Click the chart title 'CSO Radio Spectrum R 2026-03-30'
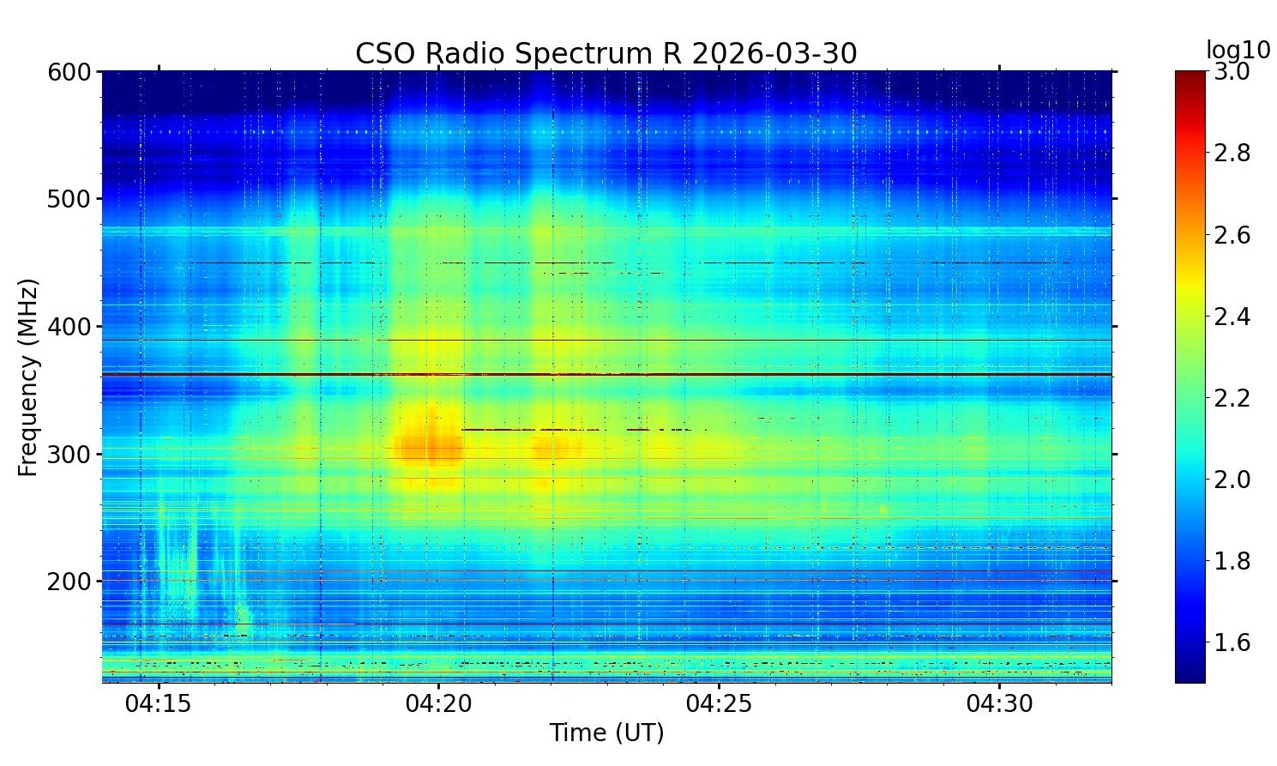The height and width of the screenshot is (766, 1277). (x=605, y=54)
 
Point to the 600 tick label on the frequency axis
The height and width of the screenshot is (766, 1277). (x=69, y=72)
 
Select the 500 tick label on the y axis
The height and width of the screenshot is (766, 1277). (x=69, y=199)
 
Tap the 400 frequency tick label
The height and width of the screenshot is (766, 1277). (x=69, y=327)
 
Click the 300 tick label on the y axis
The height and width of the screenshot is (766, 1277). (x=69, y=455)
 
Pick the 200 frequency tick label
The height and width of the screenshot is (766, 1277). (x=69, y=582)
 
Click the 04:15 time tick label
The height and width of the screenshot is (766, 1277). (x=159, y=704)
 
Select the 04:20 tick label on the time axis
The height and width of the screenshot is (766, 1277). (x=439, y=704)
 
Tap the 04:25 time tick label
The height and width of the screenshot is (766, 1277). (x=720, y=704)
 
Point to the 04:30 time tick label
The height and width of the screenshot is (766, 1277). (x=1000, y=704)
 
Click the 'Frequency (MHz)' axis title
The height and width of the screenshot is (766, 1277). (x=28, y=377)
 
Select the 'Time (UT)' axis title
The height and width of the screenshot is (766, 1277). (x=606, y=733)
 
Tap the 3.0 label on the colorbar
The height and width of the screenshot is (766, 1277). (x=1232, y=72)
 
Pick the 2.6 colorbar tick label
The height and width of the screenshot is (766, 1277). (x=1232, y=235)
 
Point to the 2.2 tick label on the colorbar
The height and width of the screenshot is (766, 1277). (x=1232, y=398)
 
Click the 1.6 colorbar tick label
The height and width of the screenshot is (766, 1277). (x=1232, y=642)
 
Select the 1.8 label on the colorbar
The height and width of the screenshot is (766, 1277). (x=1232, y=561)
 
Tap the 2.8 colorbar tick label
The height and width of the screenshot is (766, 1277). (x=1232, y=154)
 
